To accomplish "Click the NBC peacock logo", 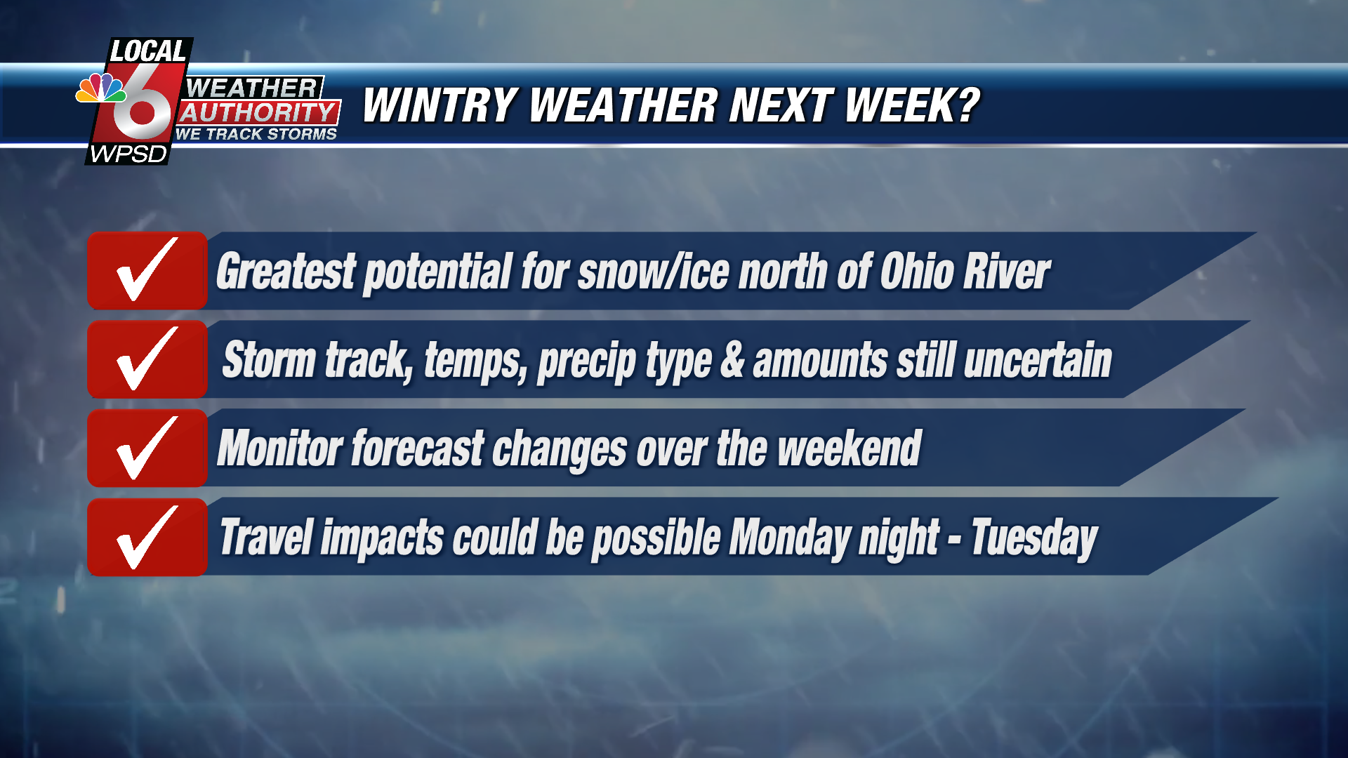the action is [101, 88].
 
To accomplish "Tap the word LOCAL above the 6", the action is [148, 51].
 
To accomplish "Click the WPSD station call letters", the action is [128, 154].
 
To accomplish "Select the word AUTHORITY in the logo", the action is [259, 112].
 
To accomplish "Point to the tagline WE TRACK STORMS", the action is [256, 134].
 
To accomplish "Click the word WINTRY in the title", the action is [441, 106].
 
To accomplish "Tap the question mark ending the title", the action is [967, 105].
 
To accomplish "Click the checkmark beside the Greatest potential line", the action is [147, 270].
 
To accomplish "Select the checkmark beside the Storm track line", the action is [147, 359].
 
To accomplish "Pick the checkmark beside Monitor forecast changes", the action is [147, 448].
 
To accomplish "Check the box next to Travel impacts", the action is [147, 537].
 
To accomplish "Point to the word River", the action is [1007, 272].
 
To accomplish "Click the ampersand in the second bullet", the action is [732, 360].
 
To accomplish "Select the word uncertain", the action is [1038, 360].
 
